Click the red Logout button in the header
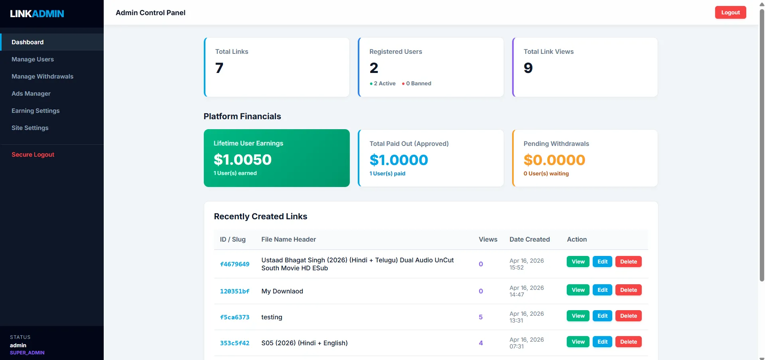(730, 12)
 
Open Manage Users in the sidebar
(33, 59)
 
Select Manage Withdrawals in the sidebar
(42, 77)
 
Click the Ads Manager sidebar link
(31, 94)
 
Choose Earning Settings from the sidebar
(35, 111)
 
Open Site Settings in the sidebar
(30, 128)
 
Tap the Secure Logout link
(33, 155)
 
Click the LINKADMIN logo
(37, 14)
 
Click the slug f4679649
(235, 264)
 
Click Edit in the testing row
(602, 316)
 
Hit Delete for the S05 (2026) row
(628, 342)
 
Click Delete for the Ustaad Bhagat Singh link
(628, 262)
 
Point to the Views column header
(488, 239)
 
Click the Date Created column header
(529, 239)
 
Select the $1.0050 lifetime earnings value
(243, 159)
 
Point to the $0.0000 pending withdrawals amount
(554, 160)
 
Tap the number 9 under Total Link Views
(528, 68)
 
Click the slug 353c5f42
(235, 343)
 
